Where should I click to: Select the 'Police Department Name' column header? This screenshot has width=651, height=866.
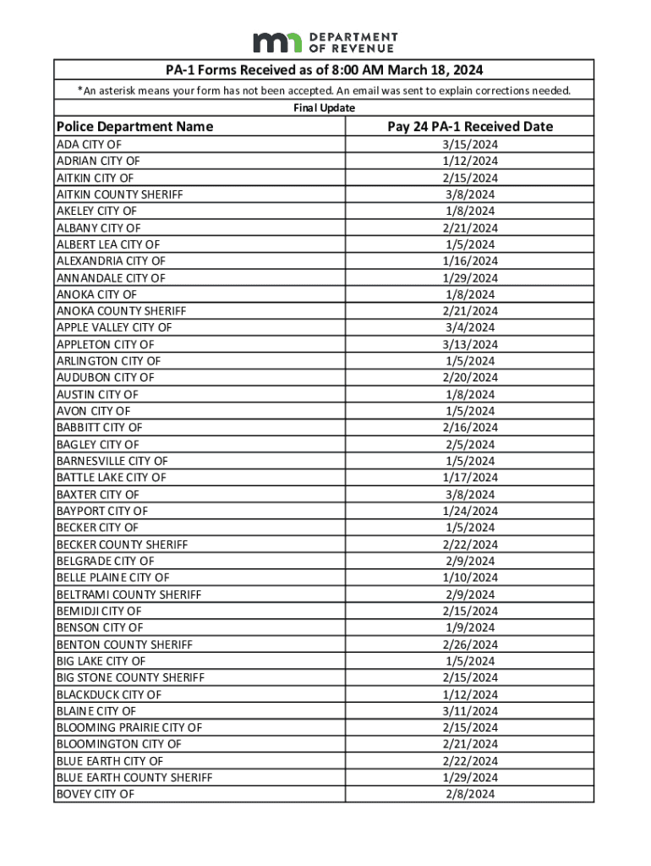pyautogui.click(x=134, y=127)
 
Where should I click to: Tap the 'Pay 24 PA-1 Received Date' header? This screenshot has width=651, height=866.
pyautogui.click(x=470, y=127)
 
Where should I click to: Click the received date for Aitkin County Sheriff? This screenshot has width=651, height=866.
pyautogui.click(x=471, y=195)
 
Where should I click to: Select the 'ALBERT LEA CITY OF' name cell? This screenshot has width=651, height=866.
pyautogui.click(x=108, y=244)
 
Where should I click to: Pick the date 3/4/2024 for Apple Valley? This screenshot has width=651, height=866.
pyautogui.click(x=471, y=327)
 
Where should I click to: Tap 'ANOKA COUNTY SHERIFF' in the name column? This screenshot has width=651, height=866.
pyautogui.click(x=121, y=311)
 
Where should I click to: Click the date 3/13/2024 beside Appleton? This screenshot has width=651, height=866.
pyautogui.click(x=471, y=344)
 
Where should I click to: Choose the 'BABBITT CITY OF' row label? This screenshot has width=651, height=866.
pyautogui.click(x=99, y=428)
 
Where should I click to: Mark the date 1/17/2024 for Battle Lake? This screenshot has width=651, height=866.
pyautogui.click(x=471, y=478)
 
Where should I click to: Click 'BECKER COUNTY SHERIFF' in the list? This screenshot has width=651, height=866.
pyautogui.click(x=122, y=545)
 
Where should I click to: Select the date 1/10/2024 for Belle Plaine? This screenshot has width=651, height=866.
pyautogui.click(x=471, y=578)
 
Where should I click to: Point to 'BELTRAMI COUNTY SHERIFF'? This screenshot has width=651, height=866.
pyautogui.click(x=129, y=595)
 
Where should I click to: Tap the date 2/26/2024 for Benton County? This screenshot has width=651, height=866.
pyautogui.click(x=471, y=644)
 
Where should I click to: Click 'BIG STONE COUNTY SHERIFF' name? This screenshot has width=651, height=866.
pyautogui.click(x=130, y=677)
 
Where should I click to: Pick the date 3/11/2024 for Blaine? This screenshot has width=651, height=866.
pyautogui.click(x=471, y=711)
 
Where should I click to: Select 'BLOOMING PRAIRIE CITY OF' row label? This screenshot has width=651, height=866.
pyautogui.click(x=129, y=727)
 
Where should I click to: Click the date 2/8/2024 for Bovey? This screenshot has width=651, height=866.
pyautogui.click(x=471, y=794)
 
